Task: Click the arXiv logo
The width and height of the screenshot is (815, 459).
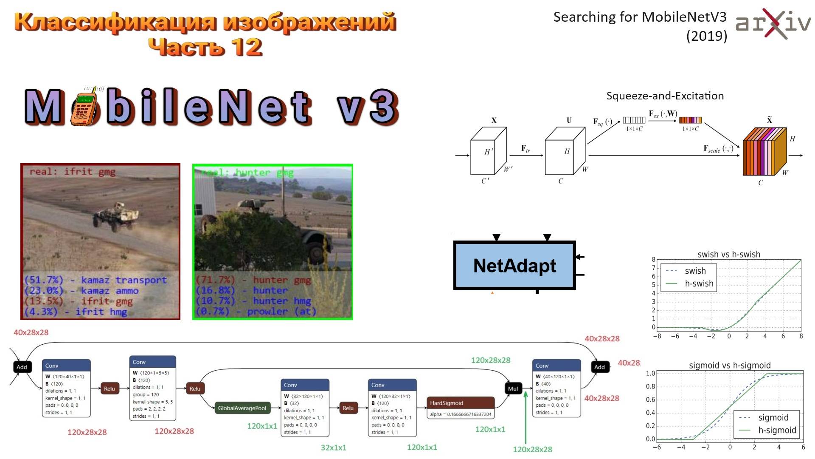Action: tap(773, 24)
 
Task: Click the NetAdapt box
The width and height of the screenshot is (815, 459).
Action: tap(514, 266)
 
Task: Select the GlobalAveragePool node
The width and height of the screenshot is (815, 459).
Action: tap(242, 408)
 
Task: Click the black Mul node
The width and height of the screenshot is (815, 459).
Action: tap(513, 388)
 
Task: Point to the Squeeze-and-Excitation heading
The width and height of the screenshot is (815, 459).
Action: tap(665, 96)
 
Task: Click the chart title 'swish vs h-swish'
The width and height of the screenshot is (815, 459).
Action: tap(728, 254)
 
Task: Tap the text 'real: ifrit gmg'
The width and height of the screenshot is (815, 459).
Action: tap(72, 172)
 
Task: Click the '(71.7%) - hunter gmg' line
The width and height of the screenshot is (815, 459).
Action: tap(253, 280)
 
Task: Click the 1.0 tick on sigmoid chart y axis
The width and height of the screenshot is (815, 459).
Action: tap(650, 374)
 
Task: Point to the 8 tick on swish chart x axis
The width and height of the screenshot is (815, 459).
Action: tap(801, 336)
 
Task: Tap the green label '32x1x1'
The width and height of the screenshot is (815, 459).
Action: tap(333, 448)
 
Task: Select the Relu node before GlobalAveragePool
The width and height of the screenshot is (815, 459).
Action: tap(195, 388)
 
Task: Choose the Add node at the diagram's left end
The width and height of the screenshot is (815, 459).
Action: tap(22, 367)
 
